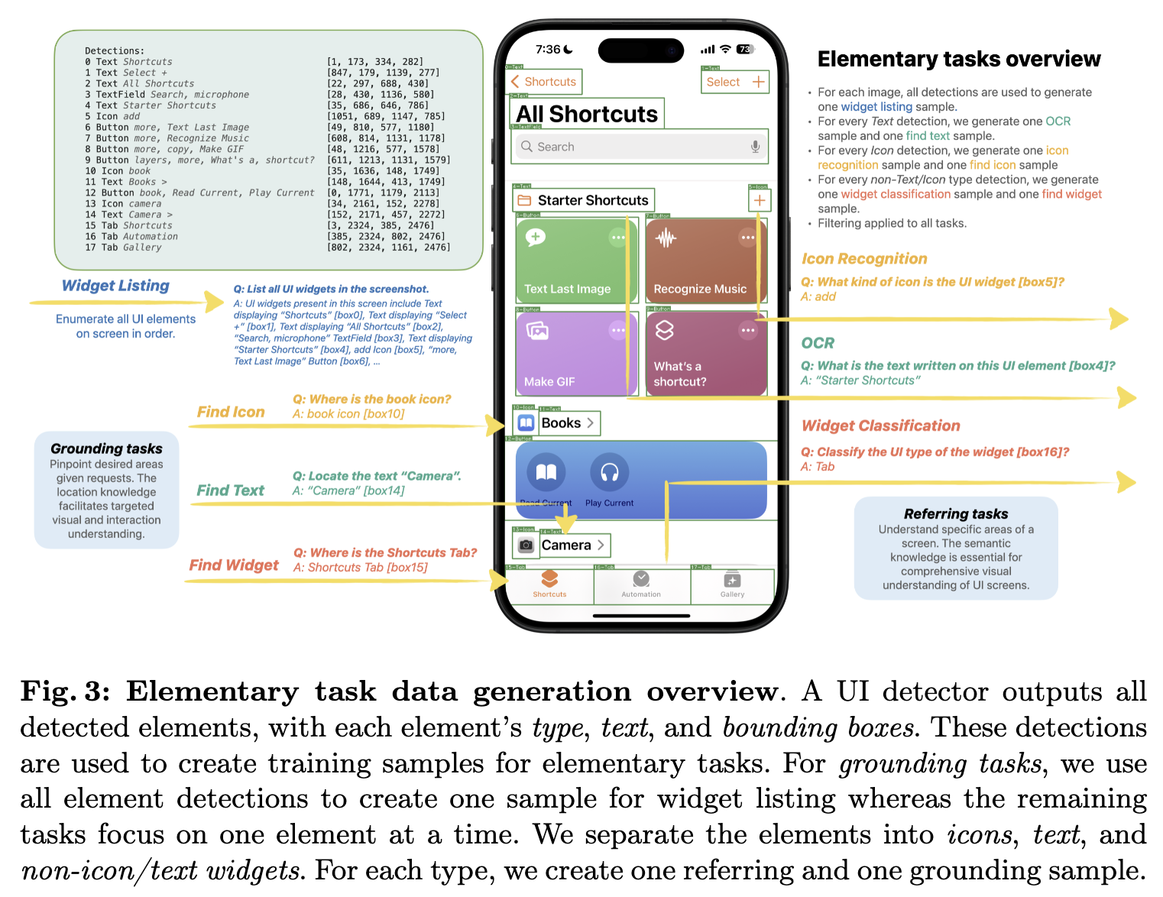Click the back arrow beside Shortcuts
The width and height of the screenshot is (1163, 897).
pyautogui.click(x=515, y=82)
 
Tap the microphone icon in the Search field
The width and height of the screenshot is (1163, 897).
pyautogui.click(x=755, y=147)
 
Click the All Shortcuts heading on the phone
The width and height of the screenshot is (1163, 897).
pyautogui.click(x=587, y=114)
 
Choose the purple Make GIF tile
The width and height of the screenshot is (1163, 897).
pyautogui.click(x=576, y=354)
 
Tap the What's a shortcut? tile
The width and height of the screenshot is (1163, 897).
pyautogui.click(x=705, y=354)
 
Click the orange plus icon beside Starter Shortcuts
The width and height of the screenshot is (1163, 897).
pyautogui.click(x=760, y=200)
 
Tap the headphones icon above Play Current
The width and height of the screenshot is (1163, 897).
pyautogui.click(x=609, y=472)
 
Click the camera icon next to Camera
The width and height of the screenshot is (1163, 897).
pyautogui.click(x=526, y=546)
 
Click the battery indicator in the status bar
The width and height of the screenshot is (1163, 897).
pyautogui.click(x=745, y=50)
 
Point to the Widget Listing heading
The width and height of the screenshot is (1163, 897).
pyautogui.click(x=115, y=286)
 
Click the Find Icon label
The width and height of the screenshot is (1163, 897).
pyautogui.click(x=231, y=412)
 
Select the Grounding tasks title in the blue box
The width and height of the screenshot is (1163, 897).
pyautogui.click(x=106, y=448)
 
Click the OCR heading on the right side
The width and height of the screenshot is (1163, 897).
pyautogui.click(x=818, y=343)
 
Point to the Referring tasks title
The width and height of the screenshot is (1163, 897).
pyautogui.click(x=955, y=514)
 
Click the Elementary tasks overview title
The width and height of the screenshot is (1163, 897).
pyautogui.click(x=959, y=59)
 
